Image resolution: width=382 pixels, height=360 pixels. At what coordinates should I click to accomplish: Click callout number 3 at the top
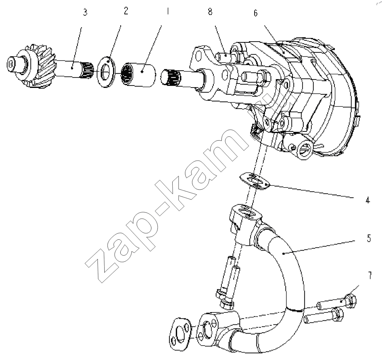pos(85,12)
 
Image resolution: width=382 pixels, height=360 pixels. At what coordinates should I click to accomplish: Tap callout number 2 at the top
pos(126,11)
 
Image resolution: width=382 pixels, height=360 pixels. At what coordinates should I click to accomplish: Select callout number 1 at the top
pos(167,11)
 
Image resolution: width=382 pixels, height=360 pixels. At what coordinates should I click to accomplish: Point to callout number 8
pos(210,12)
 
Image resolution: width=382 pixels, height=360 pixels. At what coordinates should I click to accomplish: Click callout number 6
pos(255,13)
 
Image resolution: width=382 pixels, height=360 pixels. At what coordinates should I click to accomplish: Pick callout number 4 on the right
pos(368,200)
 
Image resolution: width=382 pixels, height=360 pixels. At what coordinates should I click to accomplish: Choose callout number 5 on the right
pos(369,239)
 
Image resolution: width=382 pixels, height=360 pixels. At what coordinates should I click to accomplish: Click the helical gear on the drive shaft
pos(41,65)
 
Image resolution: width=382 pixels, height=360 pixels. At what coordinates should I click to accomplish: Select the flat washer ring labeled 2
pos(106,71)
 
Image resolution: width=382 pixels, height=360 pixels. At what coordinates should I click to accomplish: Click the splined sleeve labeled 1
pos(138,75)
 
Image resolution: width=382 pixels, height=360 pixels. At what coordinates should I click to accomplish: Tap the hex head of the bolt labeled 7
pos(350,301)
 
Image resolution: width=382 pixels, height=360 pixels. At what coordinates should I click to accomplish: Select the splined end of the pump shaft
pos(171,76)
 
